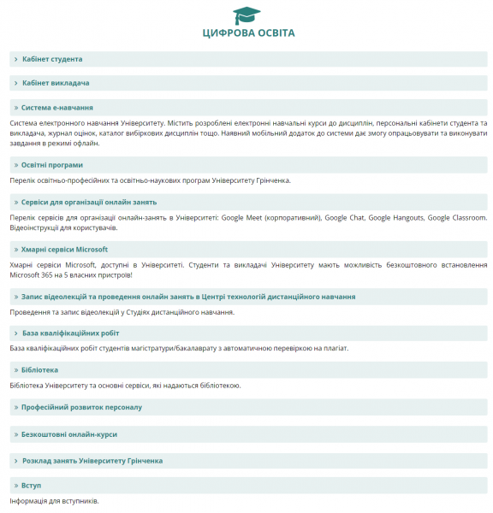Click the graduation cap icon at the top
click(247, 15)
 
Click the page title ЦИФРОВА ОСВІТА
click(248, 33)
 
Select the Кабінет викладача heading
click(56, 83)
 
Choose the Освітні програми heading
click(52, 164)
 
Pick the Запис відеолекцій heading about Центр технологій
click(188, 297)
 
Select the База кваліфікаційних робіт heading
click(71, 333)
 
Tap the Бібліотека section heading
click(39, 369)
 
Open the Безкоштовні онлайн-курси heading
click(69, 434)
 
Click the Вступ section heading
click(32, 485)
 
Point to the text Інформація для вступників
click(55, 500)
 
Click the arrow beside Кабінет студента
click(16, 59)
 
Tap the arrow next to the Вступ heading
click(16, 485)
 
